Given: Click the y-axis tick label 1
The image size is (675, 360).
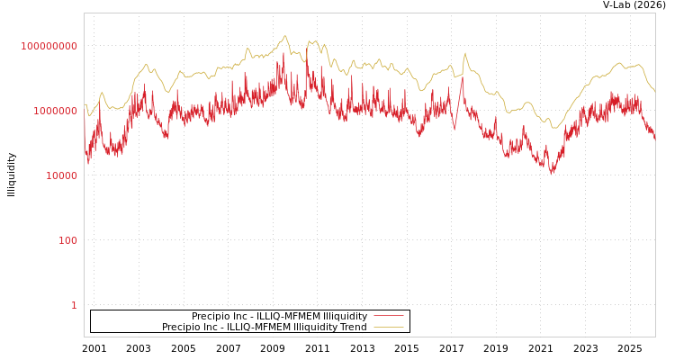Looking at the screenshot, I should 74,306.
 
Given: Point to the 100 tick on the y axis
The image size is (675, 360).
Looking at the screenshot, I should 68,241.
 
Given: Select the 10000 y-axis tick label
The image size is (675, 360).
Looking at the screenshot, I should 62,176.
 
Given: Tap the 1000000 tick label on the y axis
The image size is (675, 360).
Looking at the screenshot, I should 56,112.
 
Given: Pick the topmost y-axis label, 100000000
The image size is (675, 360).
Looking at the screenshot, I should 49,46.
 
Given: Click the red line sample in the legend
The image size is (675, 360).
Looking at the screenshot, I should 388,316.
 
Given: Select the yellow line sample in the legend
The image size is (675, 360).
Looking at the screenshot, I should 388,328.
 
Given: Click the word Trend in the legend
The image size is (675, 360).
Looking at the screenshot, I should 352,328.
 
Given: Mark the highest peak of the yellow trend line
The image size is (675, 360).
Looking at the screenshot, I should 285,36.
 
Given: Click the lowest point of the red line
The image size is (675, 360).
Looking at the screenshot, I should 552,173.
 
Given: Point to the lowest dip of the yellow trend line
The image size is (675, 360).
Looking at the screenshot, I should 555,128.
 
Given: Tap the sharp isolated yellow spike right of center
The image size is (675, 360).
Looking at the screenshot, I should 465,53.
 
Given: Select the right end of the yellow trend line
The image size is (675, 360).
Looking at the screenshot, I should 654,92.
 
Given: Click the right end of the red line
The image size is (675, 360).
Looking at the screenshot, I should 654,140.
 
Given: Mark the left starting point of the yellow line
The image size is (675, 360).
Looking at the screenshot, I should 85,104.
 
